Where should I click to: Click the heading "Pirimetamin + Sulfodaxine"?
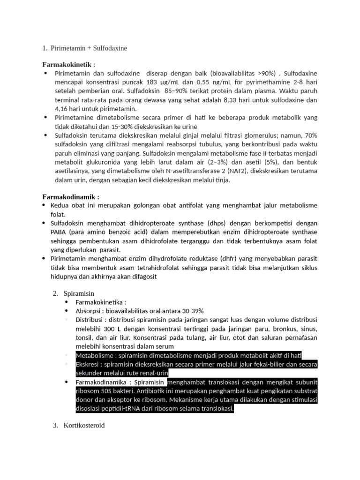pos(89,48)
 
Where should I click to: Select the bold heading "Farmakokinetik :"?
pos(69,64)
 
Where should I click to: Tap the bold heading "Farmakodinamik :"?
pos(71,197)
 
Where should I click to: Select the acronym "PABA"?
pos(60,232)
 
